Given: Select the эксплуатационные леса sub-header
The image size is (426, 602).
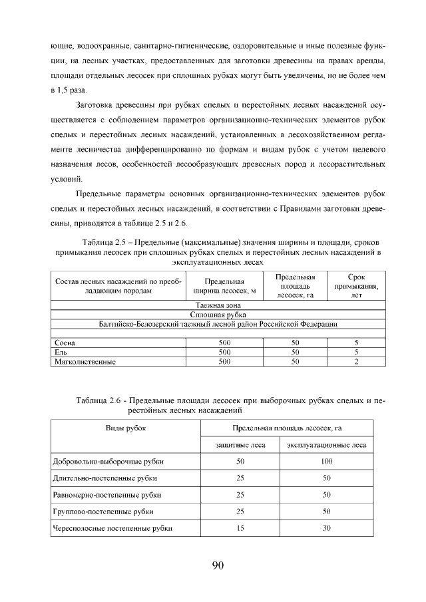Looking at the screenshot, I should pos(326,444).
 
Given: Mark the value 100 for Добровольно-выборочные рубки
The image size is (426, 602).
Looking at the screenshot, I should pos(326,461).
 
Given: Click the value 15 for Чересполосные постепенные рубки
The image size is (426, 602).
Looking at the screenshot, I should pos(240,528).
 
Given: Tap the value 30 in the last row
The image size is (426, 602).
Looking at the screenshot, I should pos(326,528).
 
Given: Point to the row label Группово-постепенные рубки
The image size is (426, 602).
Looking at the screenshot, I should pos(103,512).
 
